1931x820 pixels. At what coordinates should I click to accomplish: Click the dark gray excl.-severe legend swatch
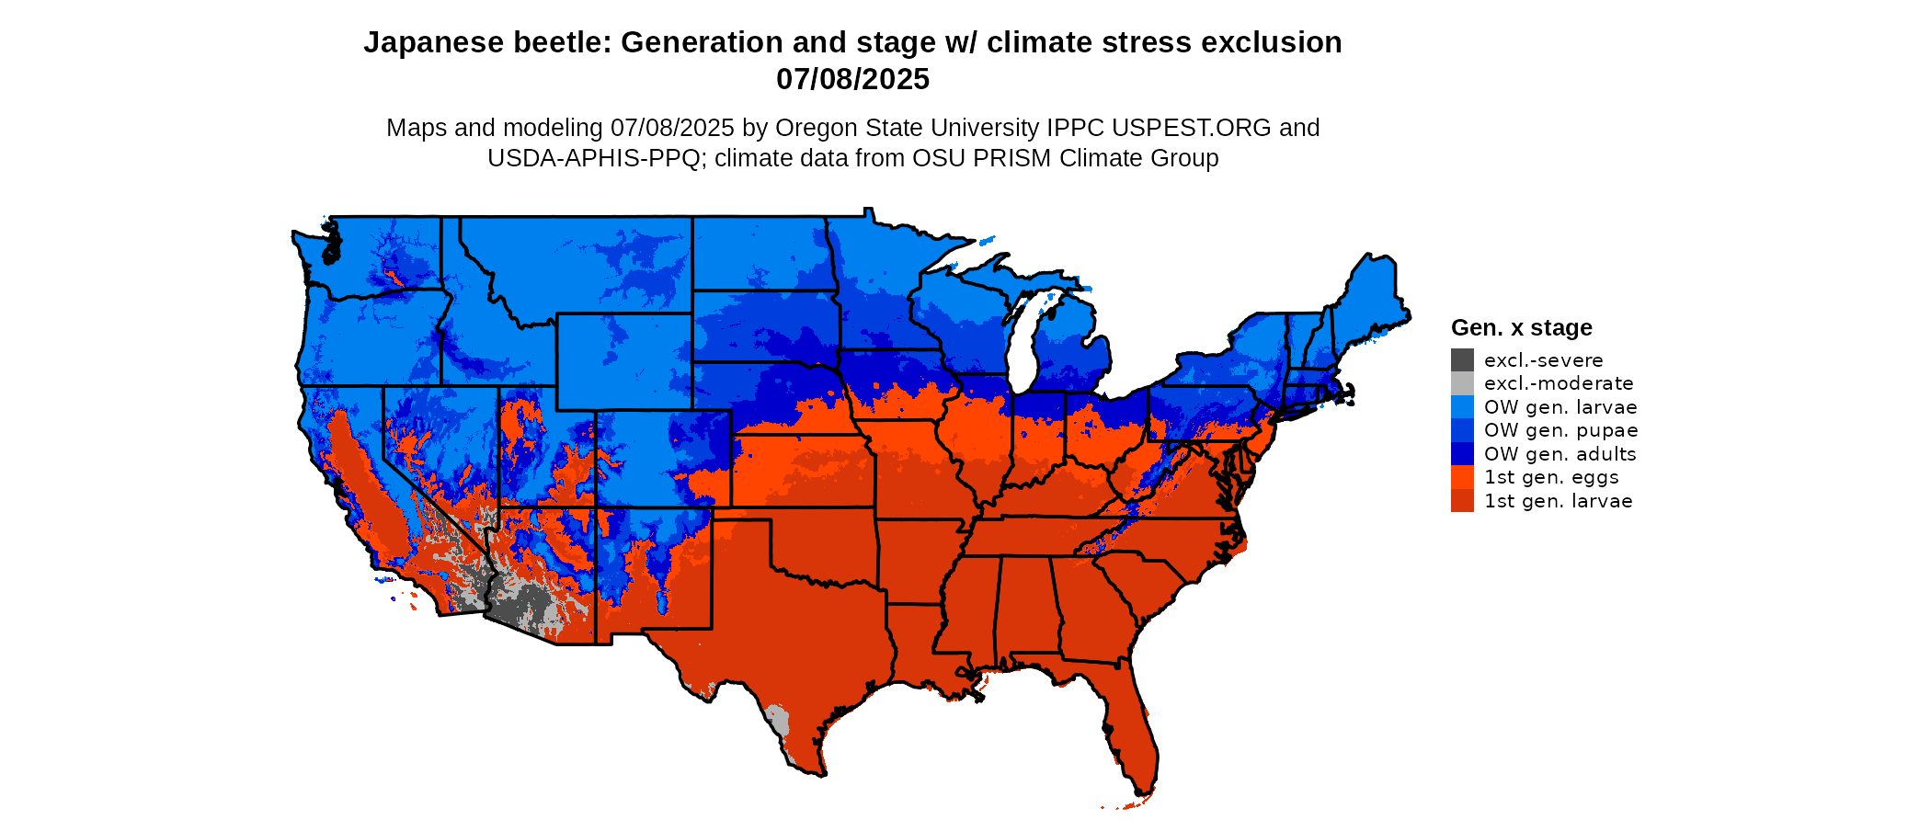pos(1462,359)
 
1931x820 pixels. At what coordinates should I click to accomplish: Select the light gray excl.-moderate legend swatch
pos(1462,383)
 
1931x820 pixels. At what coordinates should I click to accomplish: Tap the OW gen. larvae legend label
pos(1560,407)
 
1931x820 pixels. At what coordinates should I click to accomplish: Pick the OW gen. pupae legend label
pos(1560,430)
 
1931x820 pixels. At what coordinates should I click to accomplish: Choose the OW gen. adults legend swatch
pos(1462,454)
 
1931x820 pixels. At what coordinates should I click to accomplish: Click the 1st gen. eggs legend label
pos(1550,477)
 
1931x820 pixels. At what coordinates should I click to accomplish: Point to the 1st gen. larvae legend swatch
pos(1462,501)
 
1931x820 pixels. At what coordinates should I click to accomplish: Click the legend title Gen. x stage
pos(1521,328)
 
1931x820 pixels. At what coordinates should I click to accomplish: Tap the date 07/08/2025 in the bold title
pos(852,80)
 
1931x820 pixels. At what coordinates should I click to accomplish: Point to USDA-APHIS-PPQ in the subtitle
pos(593,158)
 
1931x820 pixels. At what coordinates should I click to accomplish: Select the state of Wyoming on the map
pos(623,361)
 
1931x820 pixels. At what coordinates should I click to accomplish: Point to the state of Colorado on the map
pos(662,460)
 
